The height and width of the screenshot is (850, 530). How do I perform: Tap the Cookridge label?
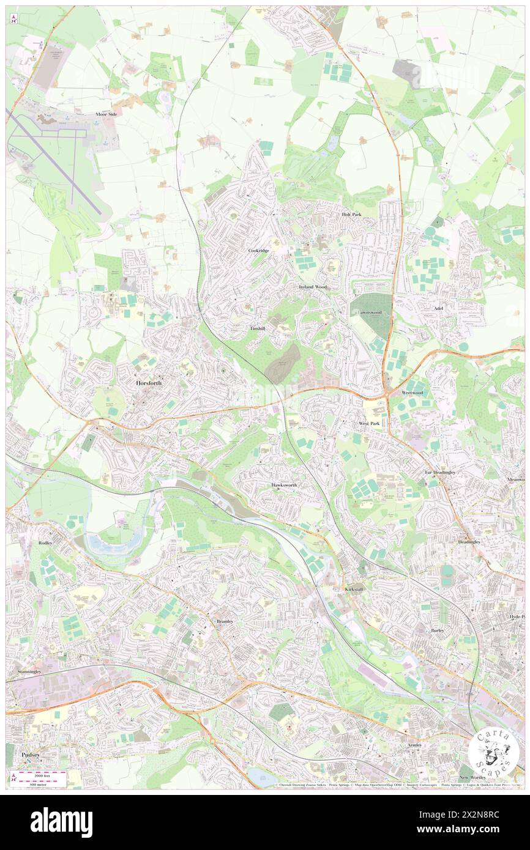point(259,251)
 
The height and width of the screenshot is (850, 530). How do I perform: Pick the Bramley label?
point(225,621)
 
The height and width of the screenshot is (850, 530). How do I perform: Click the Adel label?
point(438,309)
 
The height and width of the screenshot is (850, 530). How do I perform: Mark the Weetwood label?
point(412,392)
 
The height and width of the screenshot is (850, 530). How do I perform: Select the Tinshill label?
point(258,328)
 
